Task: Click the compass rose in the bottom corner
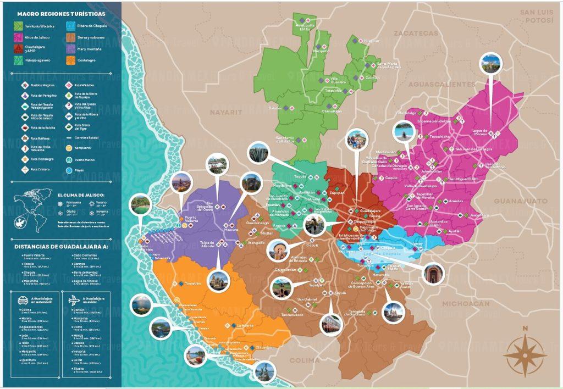[525, 351]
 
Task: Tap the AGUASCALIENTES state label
[441, 84]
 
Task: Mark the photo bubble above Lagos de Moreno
[490, 64]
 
